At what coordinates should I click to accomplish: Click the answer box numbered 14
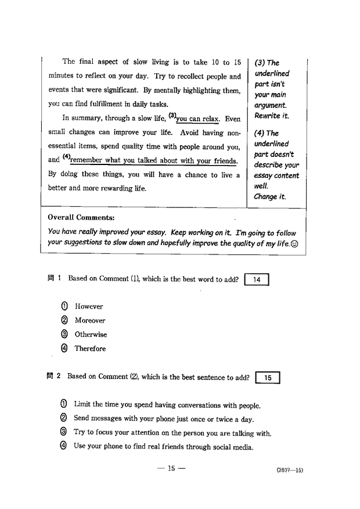[257, 279]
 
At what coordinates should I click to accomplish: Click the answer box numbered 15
[268, 378]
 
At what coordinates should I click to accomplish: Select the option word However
[89, 307]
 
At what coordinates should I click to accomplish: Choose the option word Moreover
[90, 321]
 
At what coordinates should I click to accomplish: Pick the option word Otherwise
[91, 335]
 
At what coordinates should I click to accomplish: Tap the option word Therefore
[90, 349]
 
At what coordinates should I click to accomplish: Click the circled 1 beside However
[64, 307]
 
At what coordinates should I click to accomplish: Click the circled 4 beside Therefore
[64, 349]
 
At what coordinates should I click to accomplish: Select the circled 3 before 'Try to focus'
[64, 433]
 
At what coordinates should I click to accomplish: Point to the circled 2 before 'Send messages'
[64, 419]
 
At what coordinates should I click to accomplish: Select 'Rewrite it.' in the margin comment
[272, 116]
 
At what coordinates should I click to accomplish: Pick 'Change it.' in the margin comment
[270, 197]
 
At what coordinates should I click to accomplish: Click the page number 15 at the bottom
[171, 469]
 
